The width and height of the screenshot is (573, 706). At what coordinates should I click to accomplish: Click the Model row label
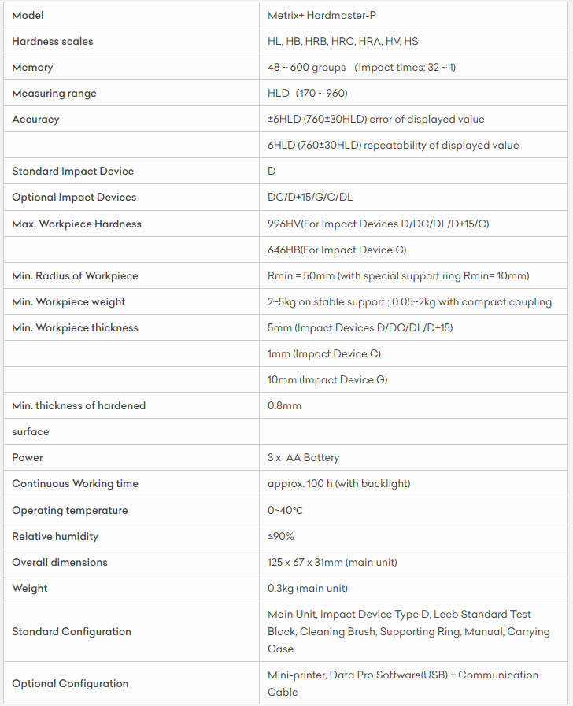[x=28, y=16]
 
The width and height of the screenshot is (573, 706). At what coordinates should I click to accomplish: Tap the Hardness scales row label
[x=53, y=42]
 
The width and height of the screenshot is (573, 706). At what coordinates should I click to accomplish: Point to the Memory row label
[x=32, y=68]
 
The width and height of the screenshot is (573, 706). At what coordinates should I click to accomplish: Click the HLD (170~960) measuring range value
[x=308, y=94]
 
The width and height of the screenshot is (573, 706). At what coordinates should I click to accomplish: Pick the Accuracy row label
[x=35, y=120]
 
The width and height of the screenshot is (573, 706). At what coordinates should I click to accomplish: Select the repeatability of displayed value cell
[x=393, y=146]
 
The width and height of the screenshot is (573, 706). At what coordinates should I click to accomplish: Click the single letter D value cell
[x=272, y=172]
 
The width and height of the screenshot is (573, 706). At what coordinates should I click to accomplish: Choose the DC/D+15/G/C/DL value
[x=310, y=198]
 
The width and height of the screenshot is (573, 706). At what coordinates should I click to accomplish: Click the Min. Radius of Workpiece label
[x=75, y=276]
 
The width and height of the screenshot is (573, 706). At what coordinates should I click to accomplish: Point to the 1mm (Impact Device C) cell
[x=324, y=354]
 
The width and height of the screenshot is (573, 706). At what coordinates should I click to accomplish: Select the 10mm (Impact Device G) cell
[x=327, y=380]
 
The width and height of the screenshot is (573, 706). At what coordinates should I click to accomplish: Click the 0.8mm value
[x=284, y=406]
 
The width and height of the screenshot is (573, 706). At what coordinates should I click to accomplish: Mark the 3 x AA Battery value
[x=304, y=458]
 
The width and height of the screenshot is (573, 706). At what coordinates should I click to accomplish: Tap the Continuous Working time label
[x=75, y=484]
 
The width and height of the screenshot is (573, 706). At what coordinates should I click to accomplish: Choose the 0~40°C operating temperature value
[x=285, y=511]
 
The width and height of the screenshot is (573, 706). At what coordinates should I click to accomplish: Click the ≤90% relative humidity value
[x=281, y=537]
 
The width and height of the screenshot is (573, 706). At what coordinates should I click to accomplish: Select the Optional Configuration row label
[x=70, y=684]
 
